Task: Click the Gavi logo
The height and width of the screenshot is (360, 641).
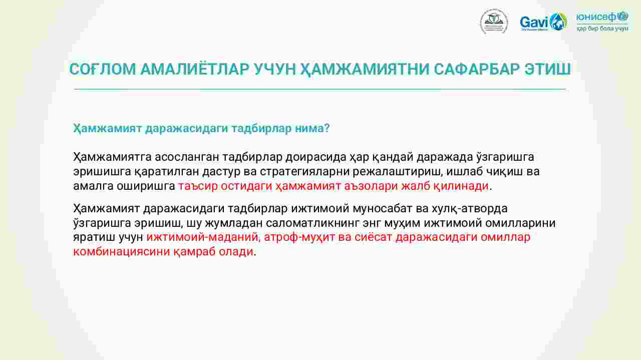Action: point(543,22)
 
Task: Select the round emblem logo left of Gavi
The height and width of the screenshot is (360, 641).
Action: point(494,22)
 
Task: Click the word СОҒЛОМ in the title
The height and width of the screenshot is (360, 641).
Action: point(103,69)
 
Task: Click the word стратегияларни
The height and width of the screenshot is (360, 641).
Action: point(305,172)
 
